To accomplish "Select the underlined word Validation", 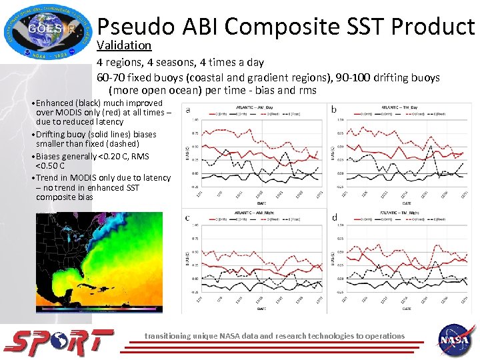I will [124, 45].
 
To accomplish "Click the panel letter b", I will [333, 109].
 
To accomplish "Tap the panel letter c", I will [187, 217].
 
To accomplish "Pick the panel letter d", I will [333, 217].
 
